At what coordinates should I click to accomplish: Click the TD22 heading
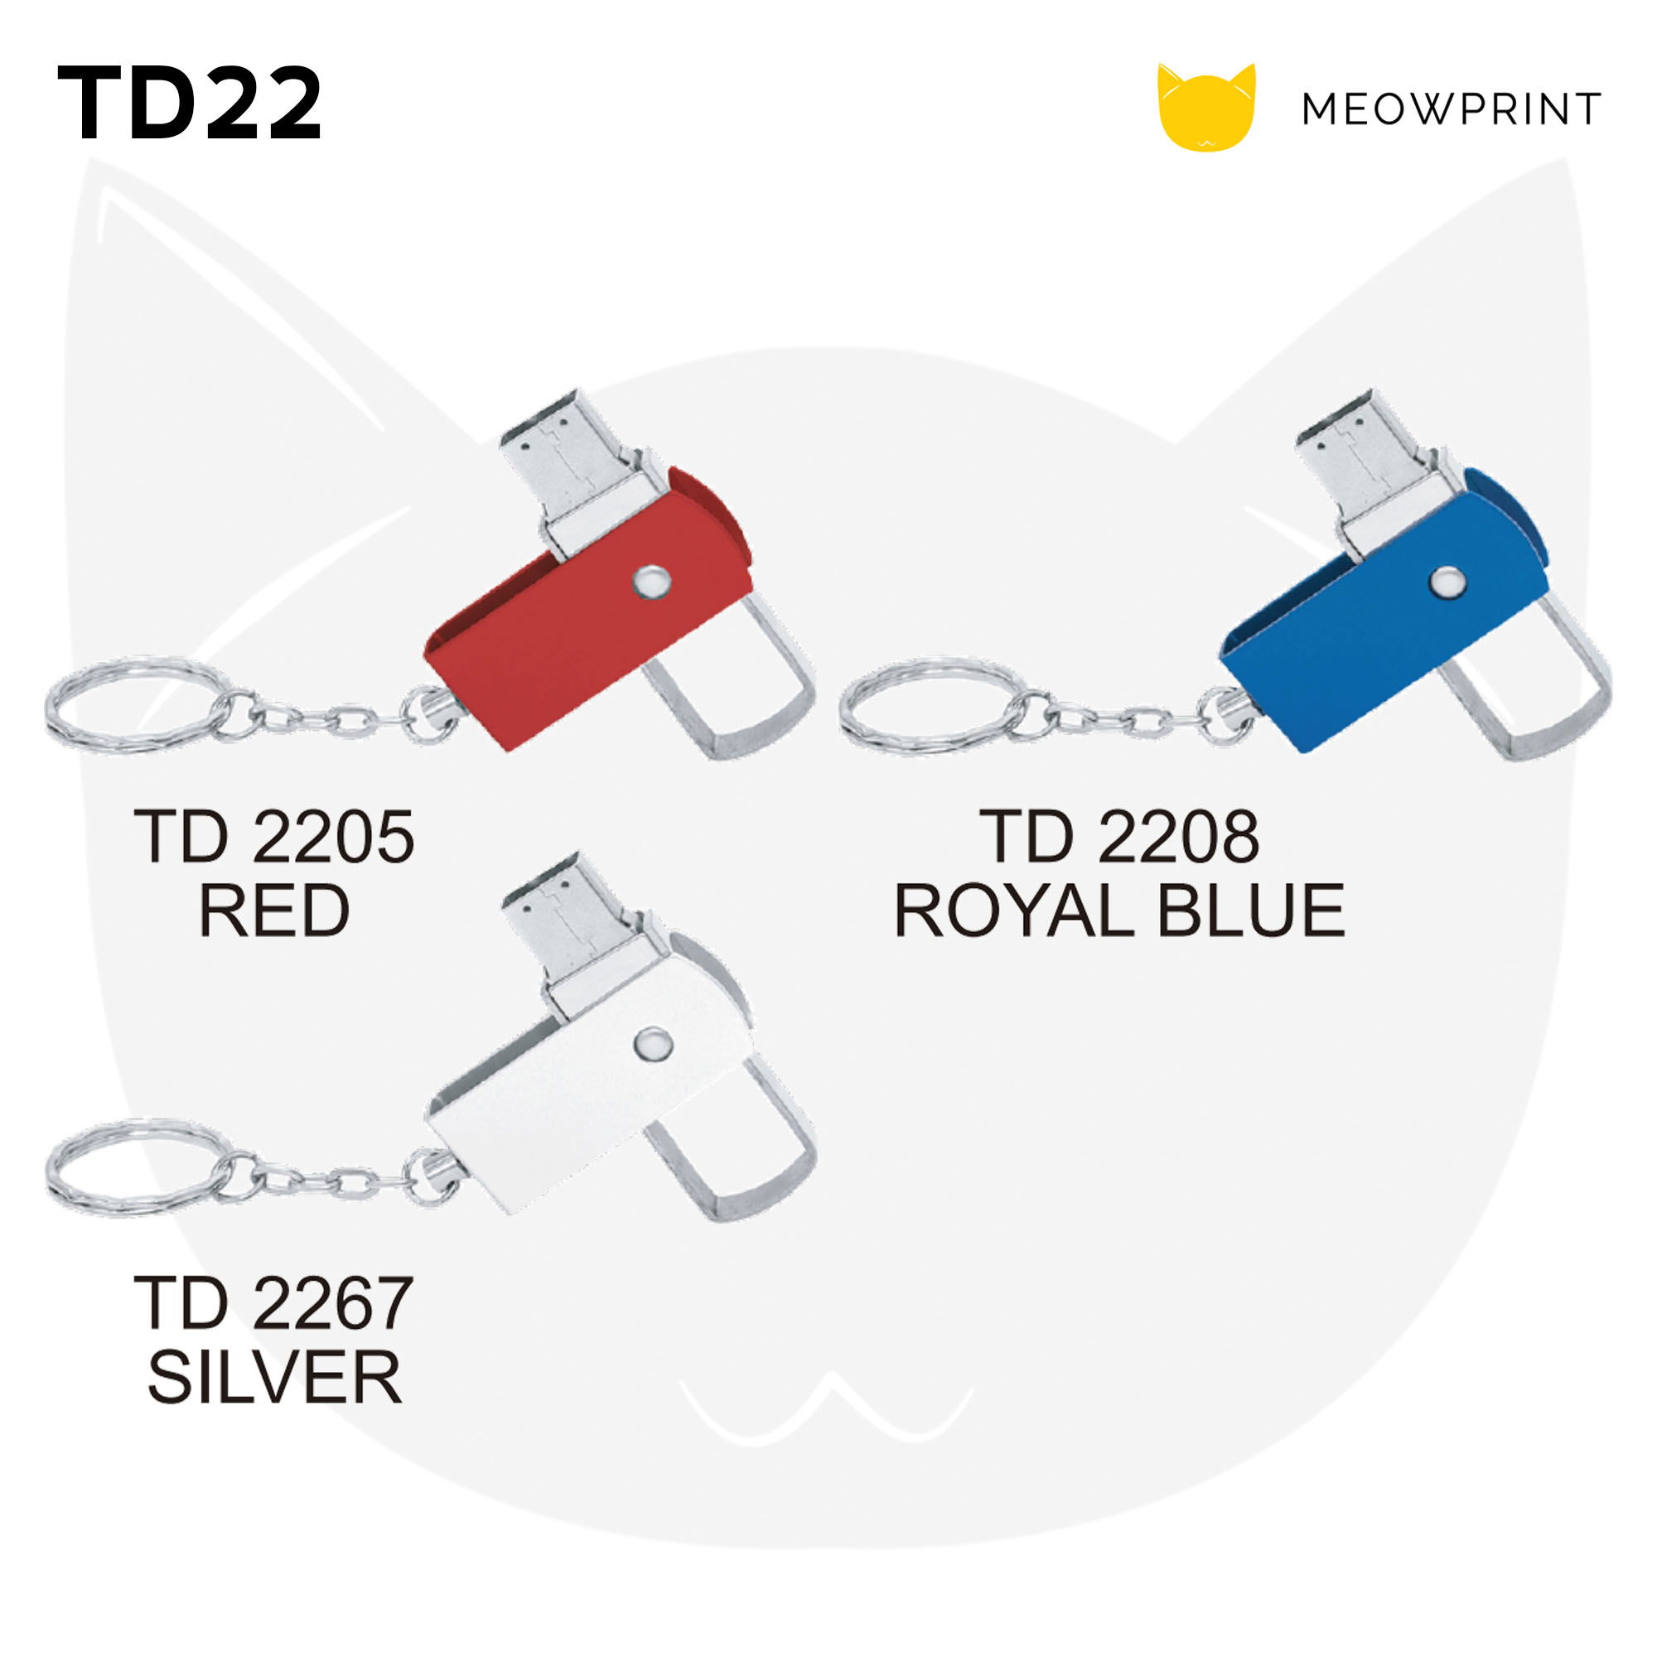coord(190,103)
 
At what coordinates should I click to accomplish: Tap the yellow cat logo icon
coord(1205,107)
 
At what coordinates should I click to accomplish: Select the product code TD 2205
coord(274,837)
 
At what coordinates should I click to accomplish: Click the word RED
coord(274,911)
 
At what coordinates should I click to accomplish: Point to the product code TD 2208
coord(1119,837)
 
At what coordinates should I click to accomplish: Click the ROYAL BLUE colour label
coord(1119,911)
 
